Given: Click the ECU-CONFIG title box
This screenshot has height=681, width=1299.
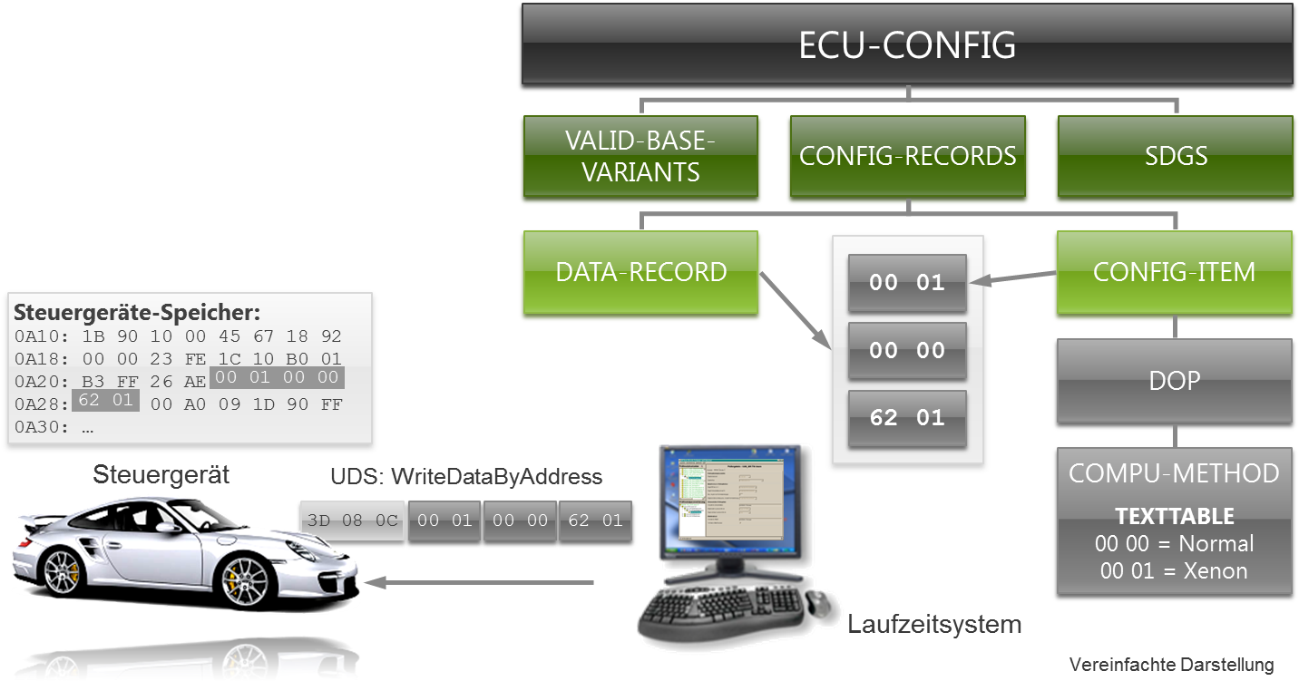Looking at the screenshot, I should click(907, 46).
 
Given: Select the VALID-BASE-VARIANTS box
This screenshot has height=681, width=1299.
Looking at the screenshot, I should click(641, 157).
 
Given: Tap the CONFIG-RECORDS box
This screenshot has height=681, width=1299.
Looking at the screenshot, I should click(907, 156).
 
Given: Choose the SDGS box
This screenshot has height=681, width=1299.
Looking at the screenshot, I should click(1175, 156).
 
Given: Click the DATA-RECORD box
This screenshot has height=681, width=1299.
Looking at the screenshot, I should click(641, 273).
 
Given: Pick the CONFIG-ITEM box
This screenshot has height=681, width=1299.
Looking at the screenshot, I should click(1174, 273).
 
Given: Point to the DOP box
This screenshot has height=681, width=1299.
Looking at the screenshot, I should click(1174, 382).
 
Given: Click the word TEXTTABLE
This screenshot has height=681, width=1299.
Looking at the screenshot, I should click(1174, 517).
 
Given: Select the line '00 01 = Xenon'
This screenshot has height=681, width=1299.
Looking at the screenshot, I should click(1174, 571).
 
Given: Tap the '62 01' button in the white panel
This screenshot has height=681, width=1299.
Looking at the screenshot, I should click(907, 418).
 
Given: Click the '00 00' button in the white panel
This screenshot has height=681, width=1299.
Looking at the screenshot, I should click(907, 351).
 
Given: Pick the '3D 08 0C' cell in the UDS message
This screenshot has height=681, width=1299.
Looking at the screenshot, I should click(351, 521).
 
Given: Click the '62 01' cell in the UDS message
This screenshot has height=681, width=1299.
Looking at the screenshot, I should click(595, 521).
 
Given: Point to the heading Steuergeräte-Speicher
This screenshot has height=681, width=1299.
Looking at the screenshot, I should click(137, 314).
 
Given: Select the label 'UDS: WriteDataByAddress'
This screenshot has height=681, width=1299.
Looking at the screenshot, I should click(465, 477).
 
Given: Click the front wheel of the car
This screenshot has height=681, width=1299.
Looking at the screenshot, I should click(244, 578).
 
